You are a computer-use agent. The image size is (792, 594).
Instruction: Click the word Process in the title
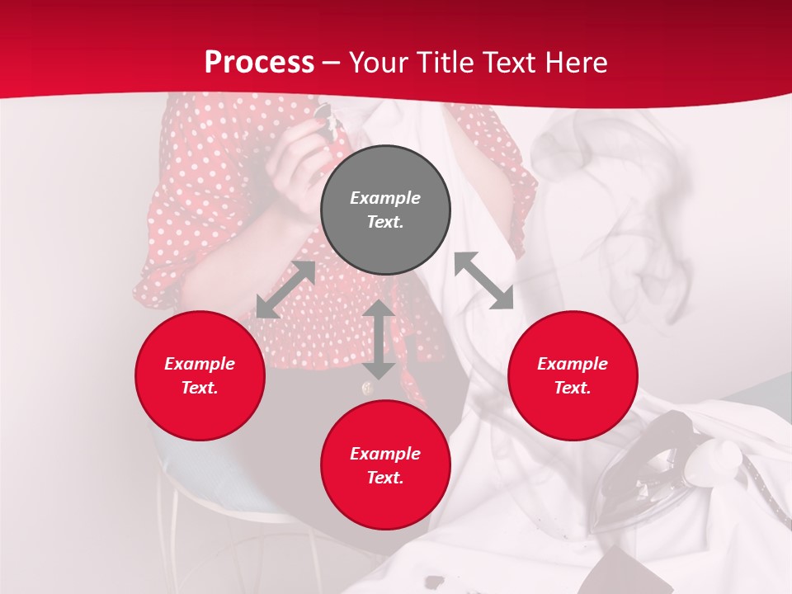click(259, 63)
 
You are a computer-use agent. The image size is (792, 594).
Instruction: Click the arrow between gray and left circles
click(285, 290)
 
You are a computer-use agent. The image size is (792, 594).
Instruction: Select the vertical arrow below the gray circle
click(379, 339)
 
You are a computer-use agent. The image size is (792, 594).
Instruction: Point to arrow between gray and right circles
click(484, 280)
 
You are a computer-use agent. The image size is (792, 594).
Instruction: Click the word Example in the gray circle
click(385, 198)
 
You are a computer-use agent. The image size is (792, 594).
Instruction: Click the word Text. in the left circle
click(200, 388)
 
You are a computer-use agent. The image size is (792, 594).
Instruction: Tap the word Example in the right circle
click(573, 364)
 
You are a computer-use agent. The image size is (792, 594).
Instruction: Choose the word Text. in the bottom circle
click(385, 478)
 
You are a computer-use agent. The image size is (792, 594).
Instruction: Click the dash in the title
click(331, 64)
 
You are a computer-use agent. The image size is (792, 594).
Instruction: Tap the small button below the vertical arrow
click(366, 388)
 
